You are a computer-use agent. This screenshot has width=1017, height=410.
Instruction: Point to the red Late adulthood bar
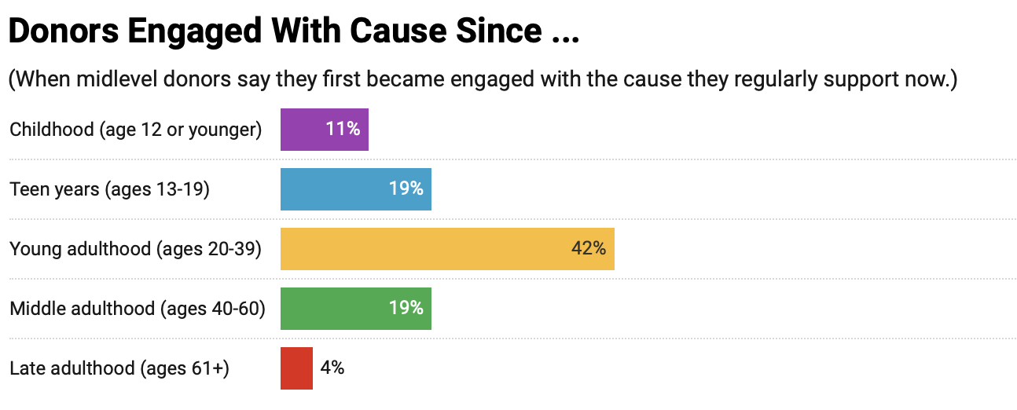[296, 368]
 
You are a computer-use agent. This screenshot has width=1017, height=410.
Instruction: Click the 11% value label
[343, 130]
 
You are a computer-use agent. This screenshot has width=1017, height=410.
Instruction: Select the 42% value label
[588, 249]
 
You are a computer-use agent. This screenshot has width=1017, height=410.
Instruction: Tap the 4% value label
[332, 368]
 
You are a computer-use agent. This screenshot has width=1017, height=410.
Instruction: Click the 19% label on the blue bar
[406, 189]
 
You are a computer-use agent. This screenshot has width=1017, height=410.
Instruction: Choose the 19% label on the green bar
[406, 309]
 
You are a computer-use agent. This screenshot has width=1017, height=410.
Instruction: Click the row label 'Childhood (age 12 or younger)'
[135, 130]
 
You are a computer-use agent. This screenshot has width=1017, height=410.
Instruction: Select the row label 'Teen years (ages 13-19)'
[109, 189]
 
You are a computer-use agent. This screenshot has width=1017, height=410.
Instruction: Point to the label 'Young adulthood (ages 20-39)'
[135, 249]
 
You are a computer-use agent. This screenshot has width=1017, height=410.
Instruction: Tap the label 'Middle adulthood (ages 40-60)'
[138, 309]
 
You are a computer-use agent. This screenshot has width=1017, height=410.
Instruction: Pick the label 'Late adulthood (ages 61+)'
[119, 368]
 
